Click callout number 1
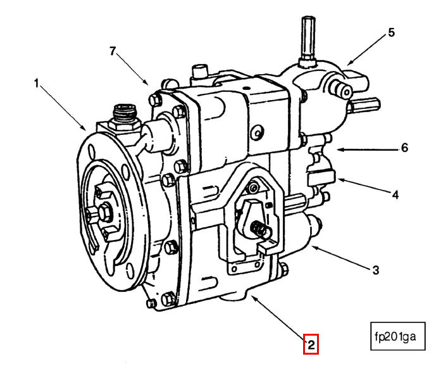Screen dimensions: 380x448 36,83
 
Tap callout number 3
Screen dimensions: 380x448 375,270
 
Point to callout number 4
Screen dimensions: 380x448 395,195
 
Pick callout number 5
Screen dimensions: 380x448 390,32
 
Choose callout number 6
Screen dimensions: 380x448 404,149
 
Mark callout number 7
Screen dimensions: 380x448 113,51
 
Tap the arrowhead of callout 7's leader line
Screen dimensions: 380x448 148,84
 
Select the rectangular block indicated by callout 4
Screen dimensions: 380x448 322,175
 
